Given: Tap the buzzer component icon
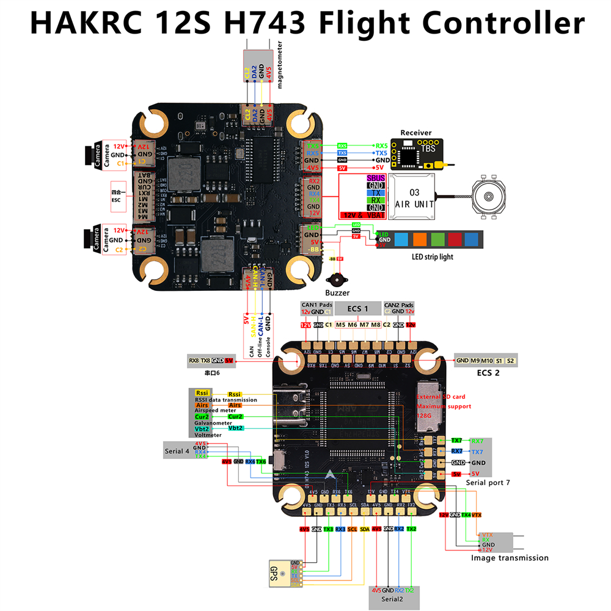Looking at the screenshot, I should (335, 280).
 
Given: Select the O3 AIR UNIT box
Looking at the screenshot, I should (414, 197).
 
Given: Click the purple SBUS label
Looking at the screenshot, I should (376, 178).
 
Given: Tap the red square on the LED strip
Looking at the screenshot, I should (455, 240).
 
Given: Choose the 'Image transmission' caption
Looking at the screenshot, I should (510, 557).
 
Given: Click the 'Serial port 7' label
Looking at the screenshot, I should (488, 483).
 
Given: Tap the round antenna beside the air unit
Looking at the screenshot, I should (489, 197).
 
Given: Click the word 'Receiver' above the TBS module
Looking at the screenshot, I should (415, 133).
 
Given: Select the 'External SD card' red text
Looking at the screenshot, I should (441, 397).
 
